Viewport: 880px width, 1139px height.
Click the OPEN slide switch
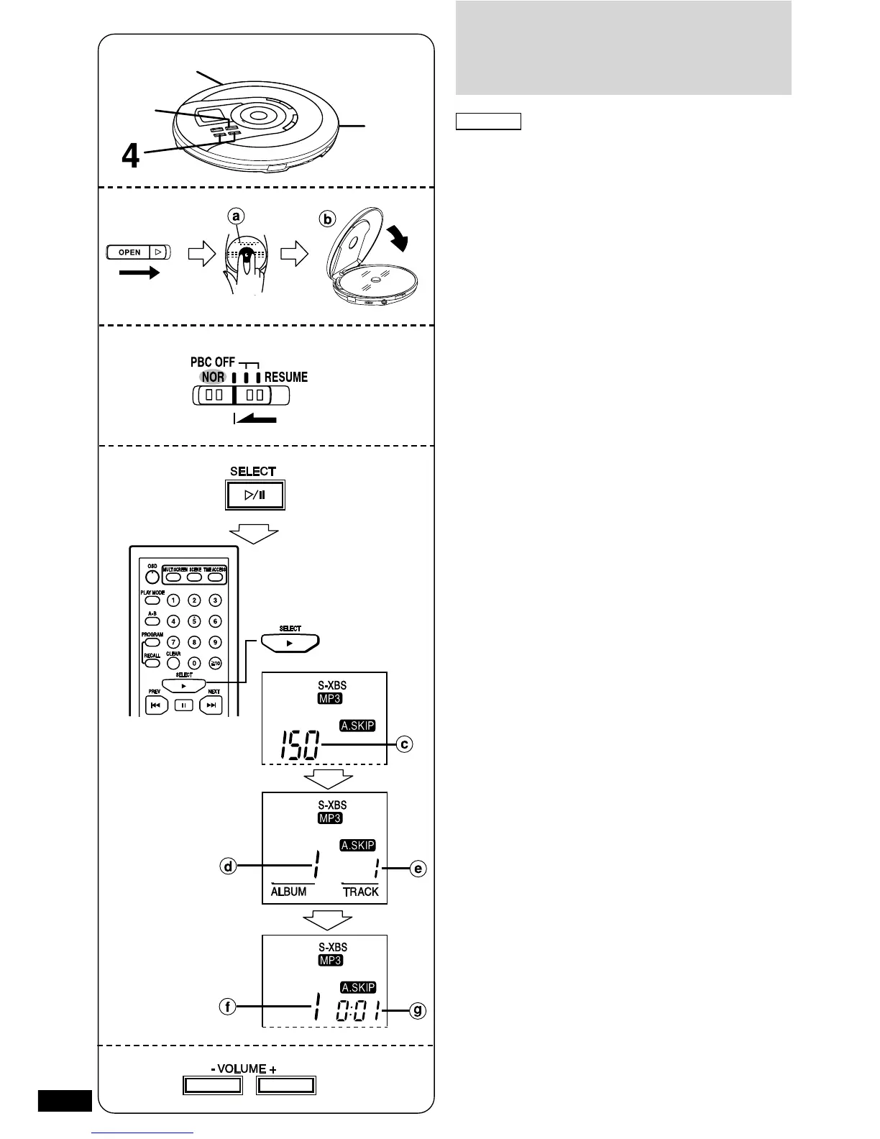(x=136, y=252)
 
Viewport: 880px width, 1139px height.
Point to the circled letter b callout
(x=328, y=219)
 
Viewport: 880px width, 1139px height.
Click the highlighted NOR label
(x=213, y=377)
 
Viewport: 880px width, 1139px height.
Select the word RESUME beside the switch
(x=285, y=377)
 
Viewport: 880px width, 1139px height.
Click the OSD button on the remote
(x=152, y=577)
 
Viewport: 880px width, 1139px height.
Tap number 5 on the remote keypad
(x=193, y=621)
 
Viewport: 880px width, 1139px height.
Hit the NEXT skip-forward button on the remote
(x=211, y=705)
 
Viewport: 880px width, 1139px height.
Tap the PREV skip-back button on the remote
(x=157, y=705)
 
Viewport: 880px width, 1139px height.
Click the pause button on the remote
(x=183, y=705)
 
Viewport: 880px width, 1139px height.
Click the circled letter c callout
(x=405, y=744)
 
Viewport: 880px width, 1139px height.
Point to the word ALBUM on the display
(x=288, y=892)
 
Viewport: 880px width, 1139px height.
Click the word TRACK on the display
(x=360, y=892)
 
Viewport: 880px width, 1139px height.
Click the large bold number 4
(x=130, y=157)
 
